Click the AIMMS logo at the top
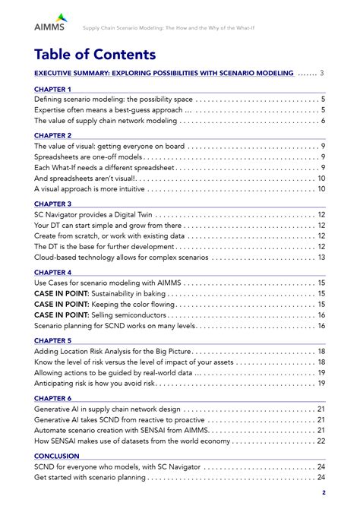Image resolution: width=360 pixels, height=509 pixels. [49, 23]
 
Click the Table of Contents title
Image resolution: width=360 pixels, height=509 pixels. [95, 55]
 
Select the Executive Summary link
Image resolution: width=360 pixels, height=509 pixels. [164, 73]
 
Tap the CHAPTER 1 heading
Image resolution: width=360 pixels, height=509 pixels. [53, 89]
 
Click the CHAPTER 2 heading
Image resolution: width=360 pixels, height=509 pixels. [53, 135]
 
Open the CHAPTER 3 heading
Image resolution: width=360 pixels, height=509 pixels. [53, 204]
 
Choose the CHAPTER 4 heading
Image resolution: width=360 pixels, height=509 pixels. [53, 272]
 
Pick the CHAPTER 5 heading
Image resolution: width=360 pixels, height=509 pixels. [53, 340]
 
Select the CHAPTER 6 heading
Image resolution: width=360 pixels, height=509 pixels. [53, 398]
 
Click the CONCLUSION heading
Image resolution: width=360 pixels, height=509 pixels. [57, 456]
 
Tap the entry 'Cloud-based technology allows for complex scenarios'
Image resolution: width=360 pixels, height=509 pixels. [122, 258]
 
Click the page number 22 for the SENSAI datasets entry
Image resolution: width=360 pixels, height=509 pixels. [321, 441]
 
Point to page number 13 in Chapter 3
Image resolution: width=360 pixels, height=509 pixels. [321, 258]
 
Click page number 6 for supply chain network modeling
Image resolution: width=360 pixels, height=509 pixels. [323, 121]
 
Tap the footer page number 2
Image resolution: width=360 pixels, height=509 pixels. [324, 492]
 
